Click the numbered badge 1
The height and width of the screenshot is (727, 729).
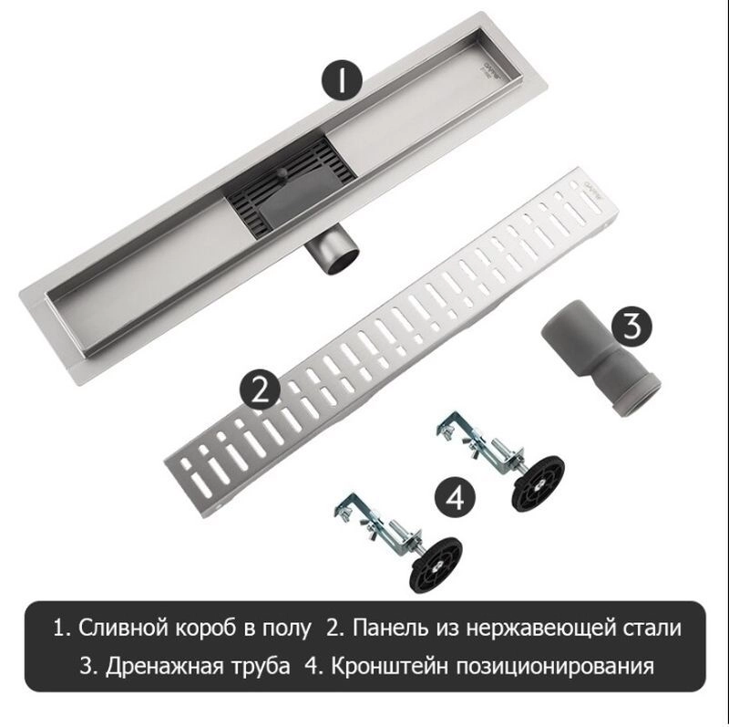(x=342, y=79)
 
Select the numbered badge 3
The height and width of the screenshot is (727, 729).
(x=631, y=326)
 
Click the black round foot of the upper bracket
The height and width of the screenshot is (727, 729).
(x=539, y=483)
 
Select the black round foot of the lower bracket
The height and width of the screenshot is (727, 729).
(x=436, y=564)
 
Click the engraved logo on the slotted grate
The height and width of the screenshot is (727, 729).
(x=590, y=190)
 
